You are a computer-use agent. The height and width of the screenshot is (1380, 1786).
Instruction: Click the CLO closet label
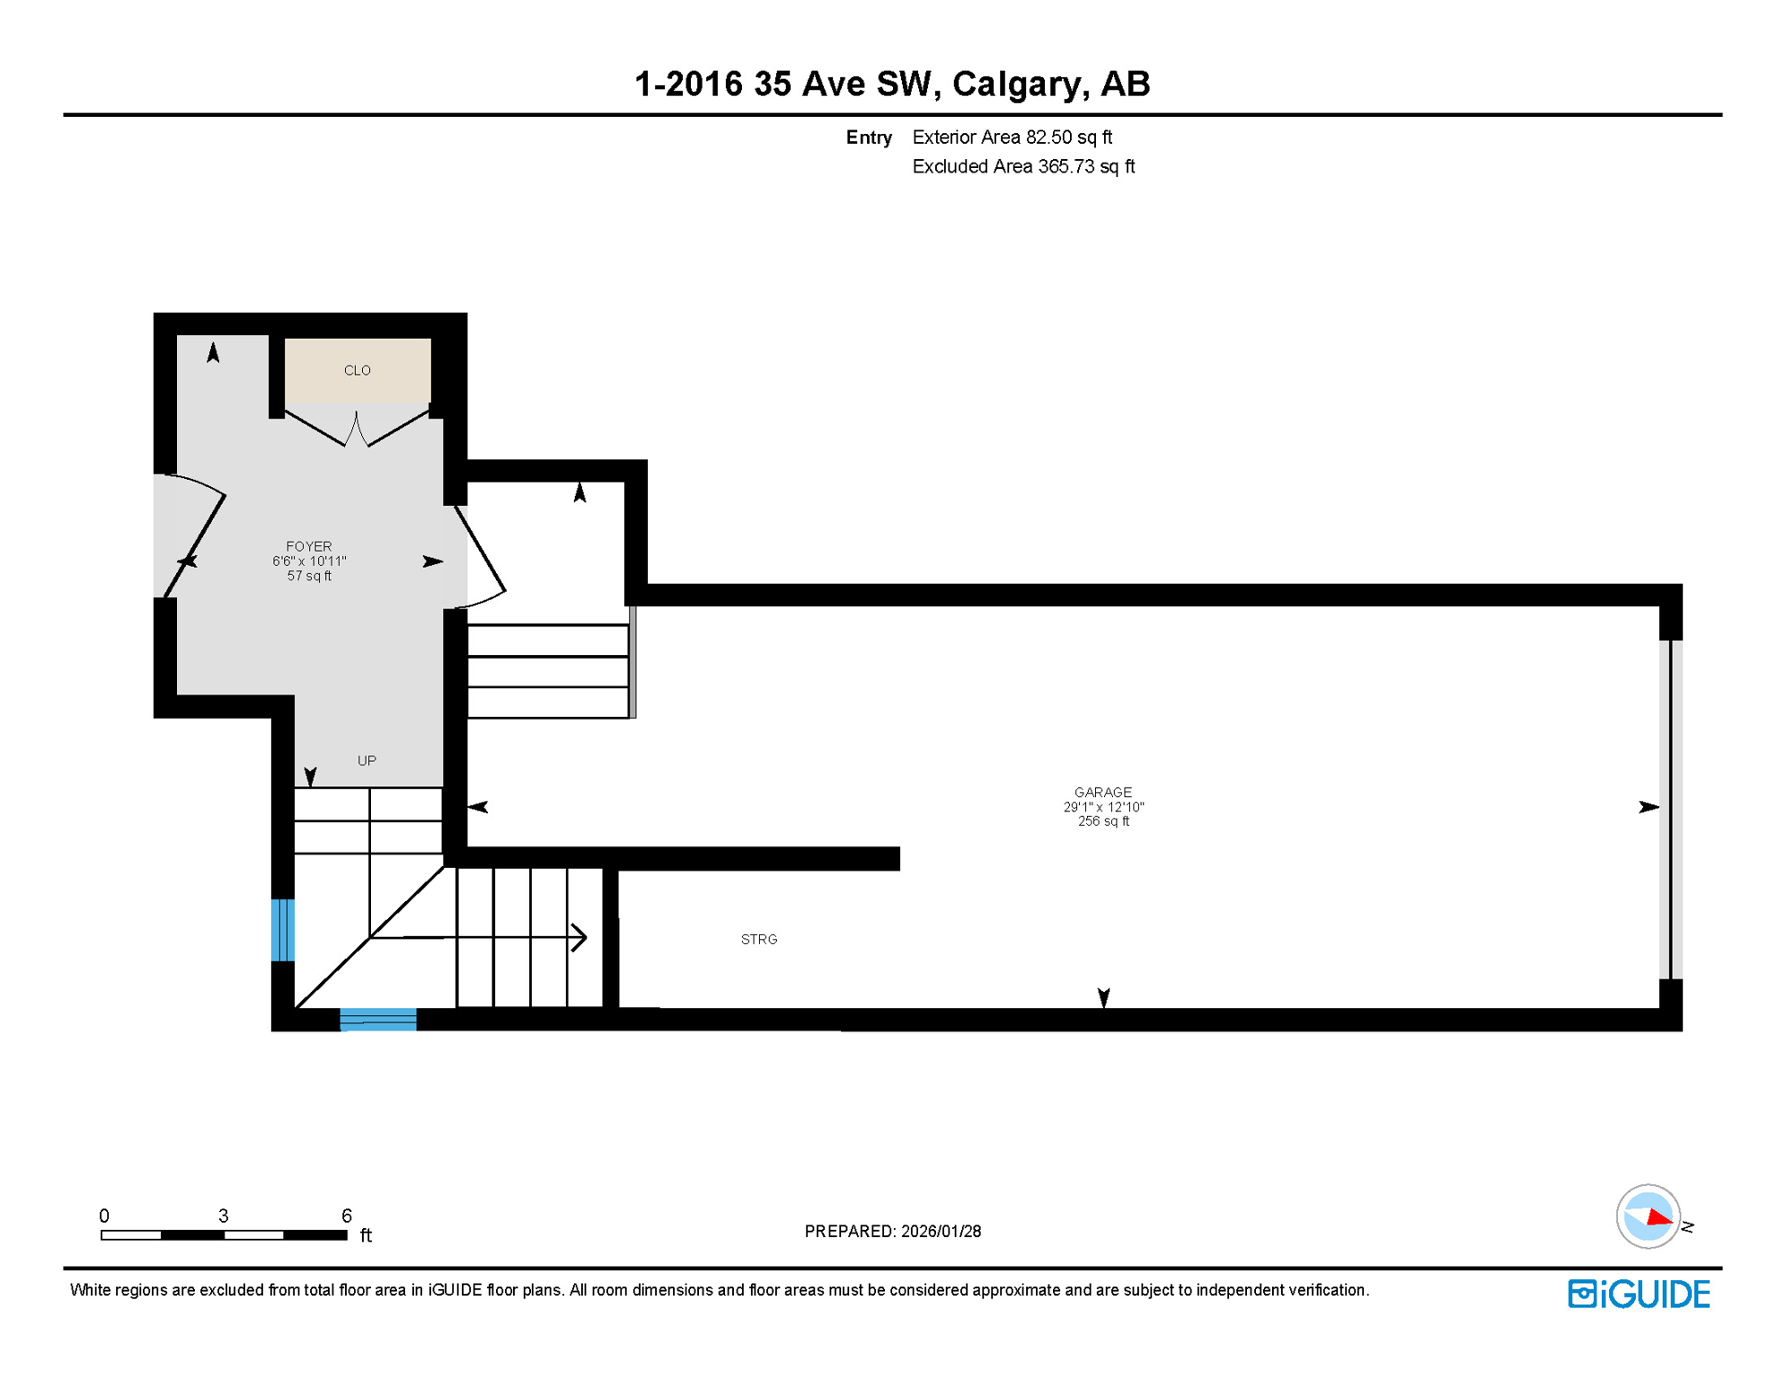[x=358, y=370]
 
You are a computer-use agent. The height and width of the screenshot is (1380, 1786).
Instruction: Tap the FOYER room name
[x=309, y=546]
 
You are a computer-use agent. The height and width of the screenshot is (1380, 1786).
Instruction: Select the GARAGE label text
[x=1103, y=792]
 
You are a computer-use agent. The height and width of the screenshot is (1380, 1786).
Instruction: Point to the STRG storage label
[x=759, y=940]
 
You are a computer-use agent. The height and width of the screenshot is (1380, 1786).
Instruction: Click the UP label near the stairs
[x=367, y=761]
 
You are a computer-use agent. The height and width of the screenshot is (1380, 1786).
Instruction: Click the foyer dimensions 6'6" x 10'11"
[x=309, y=562]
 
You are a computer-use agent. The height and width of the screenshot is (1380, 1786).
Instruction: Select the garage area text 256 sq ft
[x=1103, y=821]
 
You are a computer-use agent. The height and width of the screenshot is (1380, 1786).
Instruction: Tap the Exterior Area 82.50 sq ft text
[x=1012, y=137]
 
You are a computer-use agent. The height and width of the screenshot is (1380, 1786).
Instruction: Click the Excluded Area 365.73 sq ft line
[x=1023, y=167]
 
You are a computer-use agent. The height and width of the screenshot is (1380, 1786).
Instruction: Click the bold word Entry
[x=869, y=137]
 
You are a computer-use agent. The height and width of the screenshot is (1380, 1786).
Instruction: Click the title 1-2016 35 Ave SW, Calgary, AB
[x=892, y=84]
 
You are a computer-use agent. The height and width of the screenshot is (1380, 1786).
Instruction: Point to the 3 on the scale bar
[x=224, y=1216]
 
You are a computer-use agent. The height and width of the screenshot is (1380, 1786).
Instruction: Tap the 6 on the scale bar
[x=347, y=1216]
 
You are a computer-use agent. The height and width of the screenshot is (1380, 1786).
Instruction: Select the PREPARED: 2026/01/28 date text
[x=892, y=1232]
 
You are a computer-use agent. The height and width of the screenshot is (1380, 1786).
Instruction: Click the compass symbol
[x=1649, y=1216]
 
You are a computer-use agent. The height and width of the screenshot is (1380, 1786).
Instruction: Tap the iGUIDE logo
[x=1639, y=1295]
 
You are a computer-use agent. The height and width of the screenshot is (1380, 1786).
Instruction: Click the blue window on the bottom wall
[x=378, y=1020]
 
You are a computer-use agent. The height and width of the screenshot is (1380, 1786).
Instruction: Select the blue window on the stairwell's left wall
[x=283, y=930]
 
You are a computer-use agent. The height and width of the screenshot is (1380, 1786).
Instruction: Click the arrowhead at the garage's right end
[x=1649, y=808]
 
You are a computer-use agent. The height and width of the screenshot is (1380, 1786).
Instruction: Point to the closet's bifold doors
[x=357, y=429]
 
